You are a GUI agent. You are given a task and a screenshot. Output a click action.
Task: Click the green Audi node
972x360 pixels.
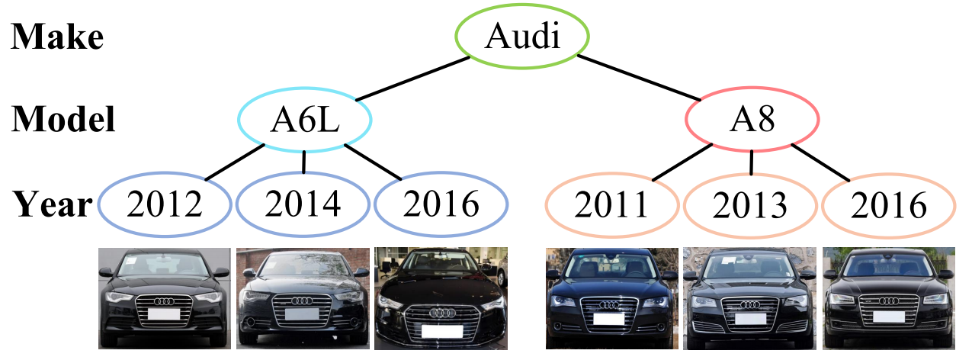[x=522, y=36]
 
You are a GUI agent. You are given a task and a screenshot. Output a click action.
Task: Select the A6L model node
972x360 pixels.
[x=305, y=120]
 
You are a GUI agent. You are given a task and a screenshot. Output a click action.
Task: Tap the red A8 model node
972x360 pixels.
[x=752, y=120]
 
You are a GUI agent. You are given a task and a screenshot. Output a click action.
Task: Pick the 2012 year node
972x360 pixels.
[x=165, y=204]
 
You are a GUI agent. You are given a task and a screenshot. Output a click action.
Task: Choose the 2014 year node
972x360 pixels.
[x=303, y=204]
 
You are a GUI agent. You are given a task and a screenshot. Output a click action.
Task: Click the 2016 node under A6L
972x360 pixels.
[x=441, y=204]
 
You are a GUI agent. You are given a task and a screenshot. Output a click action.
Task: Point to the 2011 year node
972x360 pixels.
[x=612, y=205]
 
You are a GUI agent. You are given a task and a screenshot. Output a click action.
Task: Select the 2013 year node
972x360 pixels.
[x=750, y=206]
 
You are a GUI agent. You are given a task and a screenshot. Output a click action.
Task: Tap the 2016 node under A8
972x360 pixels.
[x=889, y=206]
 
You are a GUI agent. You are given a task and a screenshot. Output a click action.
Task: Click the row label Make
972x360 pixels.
[x=57, y=37]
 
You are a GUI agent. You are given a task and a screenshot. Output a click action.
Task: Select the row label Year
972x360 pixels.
[x=52, y=204]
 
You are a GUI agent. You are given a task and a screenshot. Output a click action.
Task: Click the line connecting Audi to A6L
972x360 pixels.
[x=412, y=79]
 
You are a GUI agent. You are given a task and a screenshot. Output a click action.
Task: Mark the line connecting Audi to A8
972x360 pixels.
[x=639, y=78]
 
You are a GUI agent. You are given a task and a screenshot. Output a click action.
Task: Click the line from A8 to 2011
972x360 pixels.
[x=682, y=162]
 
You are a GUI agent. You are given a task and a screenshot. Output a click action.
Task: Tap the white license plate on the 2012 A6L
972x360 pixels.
[x=164, y=314]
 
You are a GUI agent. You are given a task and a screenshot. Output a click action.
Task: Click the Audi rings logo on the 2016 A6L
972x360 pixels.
[x=443, y=313]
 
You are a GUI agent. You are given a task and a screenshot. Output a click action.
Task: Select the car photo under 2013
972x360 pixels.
[x=749, y=298]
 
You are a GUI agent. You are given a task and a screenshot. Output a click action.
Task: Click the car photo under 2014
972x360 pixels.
[x=303, y=298]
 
